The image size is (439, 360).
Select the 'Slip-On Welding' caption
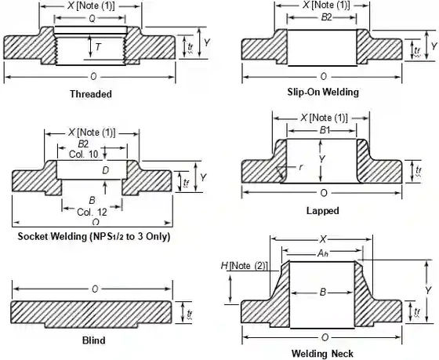tap(322, 92)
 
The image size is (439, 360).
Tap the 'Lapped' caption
tap(322, 211)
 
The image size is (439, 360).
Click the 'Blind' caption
tap(93, 340)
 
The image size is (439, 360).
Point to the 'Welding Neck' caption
tap(324, 354)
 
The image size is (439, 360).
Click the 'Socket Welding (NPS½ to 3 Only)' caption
tap(93, 236)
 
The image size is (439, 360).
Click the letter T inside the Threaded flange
tap(98, 47)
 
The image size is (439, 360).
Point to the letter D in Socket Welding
tap(105, 170)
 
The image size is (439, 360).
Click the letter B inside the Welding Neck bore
tap(322, 292)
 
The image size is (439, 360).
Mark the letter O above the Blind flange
tap(95, 289)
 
